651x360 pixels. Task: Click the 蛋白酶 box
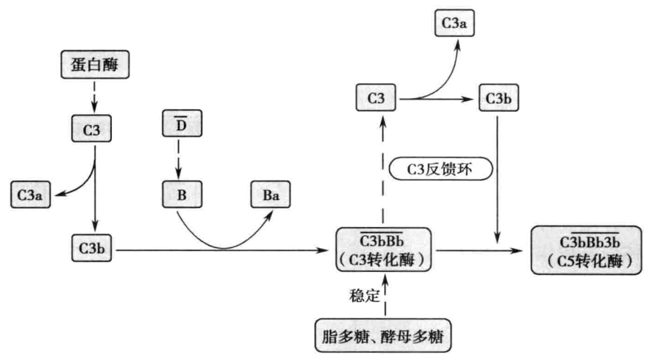tap(95, 68)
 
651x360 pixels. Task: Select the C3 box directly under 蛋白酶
tap(94, 132)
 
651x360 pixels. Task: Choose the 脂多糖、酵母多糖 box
tap(383, 335)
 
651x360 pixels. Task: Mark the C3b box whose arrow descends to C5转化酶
tap(498, 98)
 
